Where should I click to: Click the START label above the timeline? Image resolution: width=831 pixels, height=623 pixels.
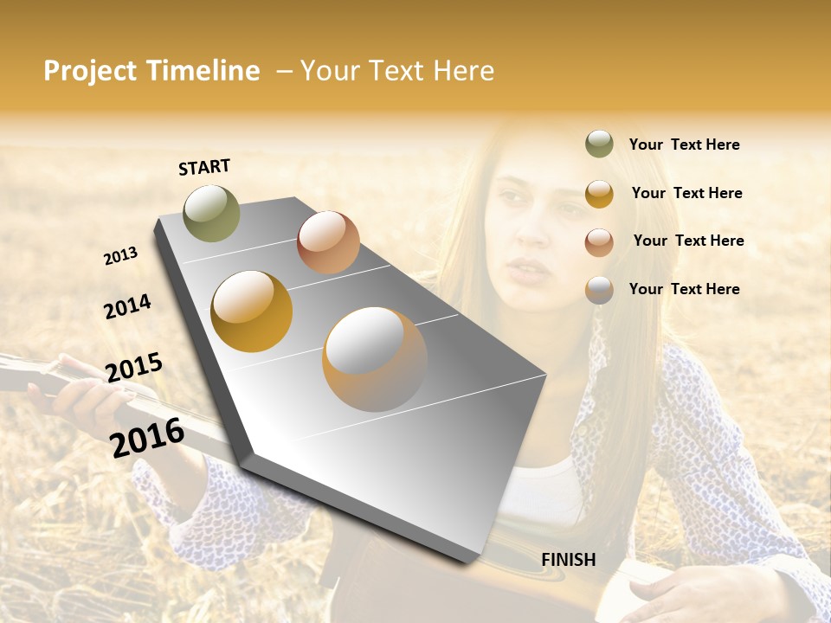point(204,167)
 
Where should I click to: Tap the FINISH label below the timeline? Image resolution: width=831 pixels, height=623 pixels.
point(568,560)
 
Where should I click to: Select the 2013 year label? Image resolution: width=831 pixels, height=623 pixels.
point(120,256)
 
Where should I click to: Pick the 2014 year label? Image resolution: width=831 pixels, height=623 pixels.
point(127,306)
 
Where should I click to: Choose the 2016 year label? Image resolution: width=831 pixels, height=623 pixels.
point(147,437)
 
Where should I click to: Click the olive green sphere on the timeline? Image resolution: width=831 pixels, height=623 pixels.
point(211,213)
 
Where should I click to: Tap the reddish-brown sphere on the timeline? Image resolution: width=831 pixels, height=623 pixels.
point(328,242)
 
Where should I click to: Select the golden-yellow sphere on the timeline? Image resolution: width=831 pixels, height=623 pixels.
point(252,311)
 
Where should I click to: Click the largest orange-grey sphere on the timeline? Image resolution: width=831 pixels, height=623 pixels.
point(375,359)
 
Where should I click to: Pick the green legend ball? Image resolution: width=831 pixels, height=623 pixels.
point(599,144)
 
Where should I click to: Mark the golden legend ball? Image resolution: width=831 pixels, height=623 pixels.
point(599,194)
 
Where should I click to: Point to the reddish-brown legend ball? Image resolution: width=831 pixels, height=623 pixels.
point(599,242)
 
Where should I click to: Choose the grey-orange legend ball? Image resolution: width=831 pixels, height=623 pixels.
point(599,290)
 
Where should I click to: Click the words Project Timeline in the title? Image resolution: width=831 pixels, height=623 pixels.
point(151,71)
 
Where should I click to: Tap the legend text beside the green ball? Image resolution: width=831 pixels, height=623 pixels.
point(684,145)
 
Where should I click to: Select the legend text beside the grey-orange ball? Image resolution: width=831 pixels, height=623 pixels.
point(684,289)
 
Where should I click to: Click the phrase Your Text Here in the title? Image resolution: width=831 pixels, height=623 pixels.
point(397,71)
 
